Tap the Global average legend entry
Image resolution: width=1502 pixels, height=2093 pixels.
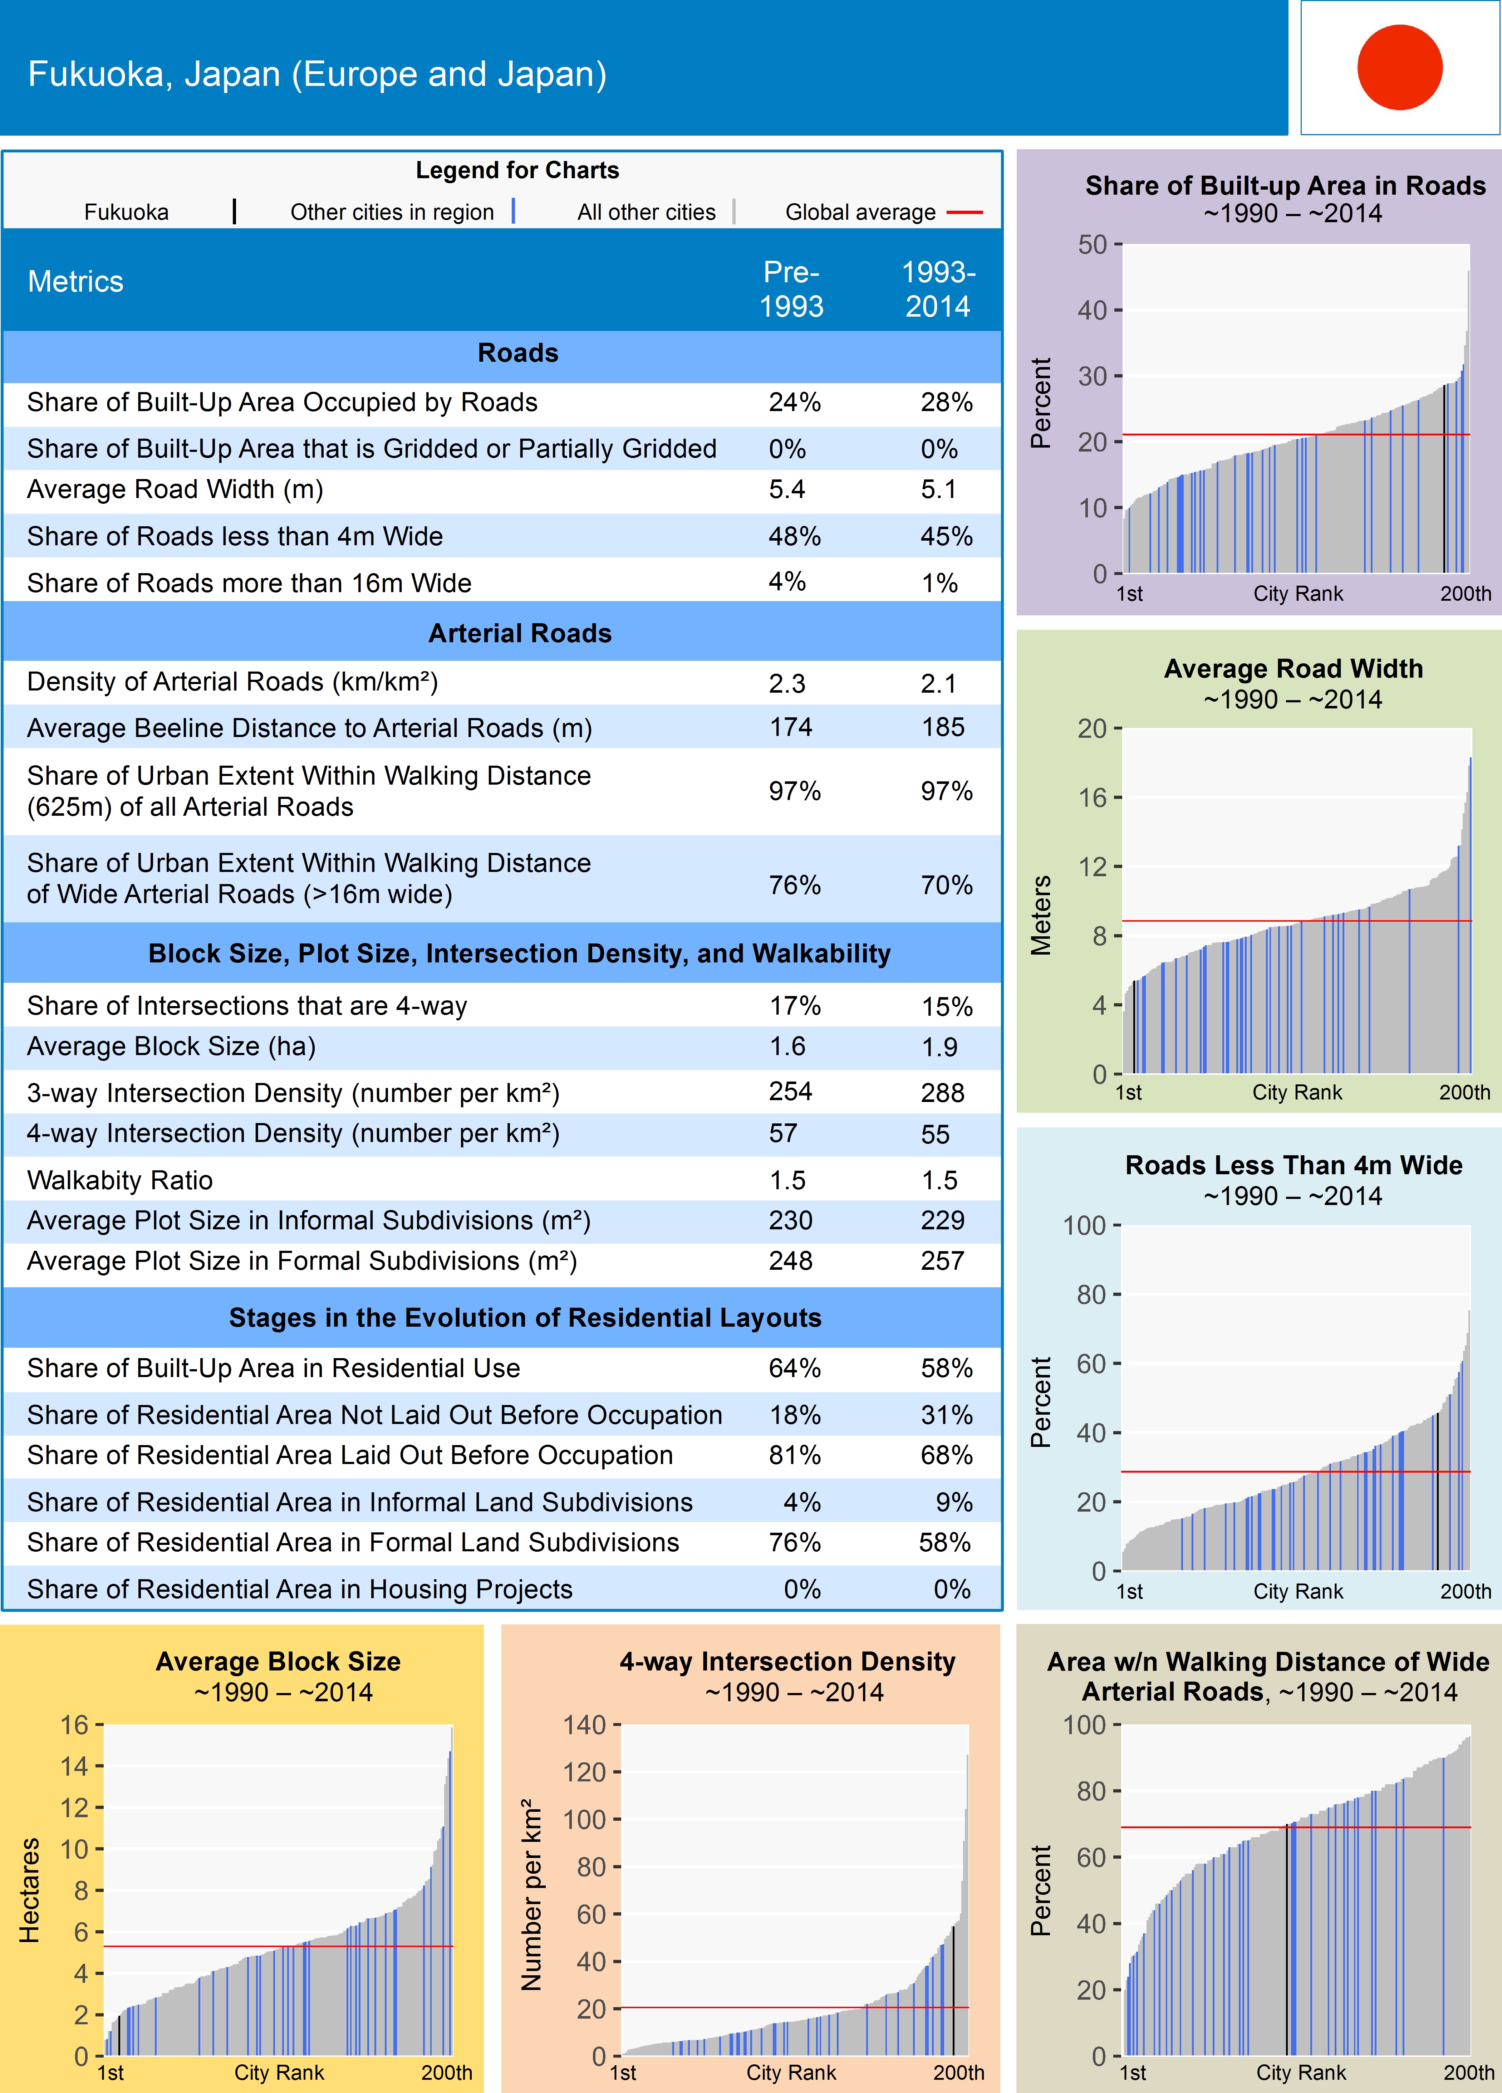[860, 212]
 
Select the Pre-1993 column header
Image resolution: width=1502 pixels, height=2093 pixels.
[791, 289]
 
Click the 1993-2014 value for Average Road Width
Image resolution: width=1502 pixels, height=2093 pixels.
[938, 489]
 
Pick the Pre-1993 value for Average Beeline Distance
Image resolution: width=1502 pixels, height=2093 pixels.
[791, 727]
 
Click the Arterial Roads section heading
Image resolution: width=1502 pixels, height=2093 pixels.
[519, 633]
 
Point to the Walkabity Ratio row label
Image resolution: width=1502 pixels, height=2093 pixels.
[120, 1180]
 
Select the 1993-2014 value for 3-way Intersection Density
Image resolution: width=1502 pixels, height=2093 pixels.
[942, 1093]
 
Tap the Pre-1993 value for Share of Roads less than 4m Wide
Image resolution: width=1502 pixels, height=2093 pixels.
[794, 536]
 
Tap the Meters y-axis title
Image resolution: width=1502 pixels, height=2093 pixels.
[1041, 914]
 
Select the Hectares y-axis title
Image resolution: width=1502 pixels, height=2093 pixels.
[30, 1890]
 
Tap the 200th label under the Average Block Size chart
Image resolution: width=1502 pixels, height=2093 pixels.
[447, 2072]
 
